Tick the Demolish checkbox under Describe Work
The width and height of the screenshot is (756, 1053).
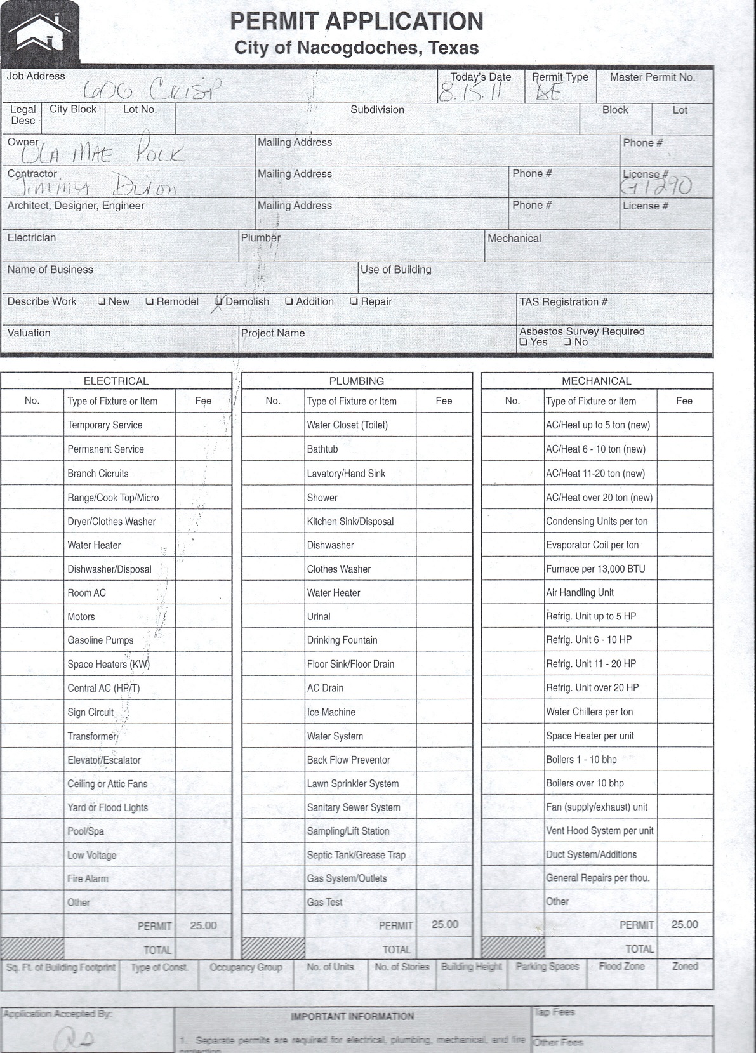pos(219,301)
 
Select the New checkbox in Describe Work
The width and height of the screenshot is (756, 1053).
pos(102,301)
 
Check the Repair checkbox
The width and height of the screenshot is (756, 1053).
pos(354,301)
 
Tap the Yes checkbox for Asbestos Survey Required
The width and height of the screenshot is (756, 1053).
pos(523,342)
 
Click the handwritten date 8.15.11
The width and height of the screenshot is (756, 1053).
pos(470,93)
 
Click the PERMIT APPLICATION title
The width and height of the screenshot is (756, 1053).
pos(356,22)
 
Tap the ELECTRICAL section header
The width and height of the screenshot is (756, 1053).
pos(116,381)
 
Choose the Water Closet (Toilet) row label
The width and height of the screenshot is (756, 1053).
pos(347,425)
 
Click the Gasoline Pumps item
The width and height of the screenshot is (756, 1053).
pos(100,640)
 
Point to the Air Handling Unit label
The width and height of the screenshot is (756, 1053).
pos(580,593)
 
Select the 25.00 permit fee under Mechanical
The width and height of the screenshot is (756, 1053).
pos(684,925)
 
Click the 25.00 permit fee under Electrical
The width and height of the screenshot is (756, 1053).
pos(203,925)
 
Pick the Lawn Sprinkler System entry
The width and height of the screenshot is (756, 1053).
pos(353,784)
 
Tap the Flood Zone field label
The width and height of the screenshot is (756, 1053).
pos(621,967)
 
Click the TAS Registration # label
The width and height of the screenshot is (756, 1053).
pos(563,302)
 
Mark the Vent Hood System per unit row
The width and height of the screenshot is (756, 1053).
pos(600,831)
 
